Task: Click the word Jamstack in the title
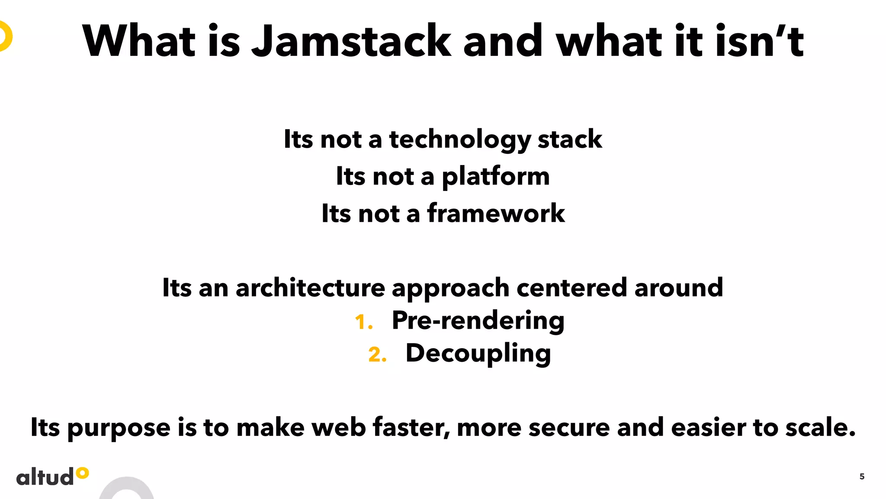351,41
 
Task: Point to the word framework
496,214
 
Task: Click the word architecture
310,288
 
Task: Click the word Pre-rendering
478,321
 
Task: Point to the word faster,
411,428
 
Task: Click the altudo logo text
45,477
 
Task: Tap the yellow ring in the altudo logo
82,473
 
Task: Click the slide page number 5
862,476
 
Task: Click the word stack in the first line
569,139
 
